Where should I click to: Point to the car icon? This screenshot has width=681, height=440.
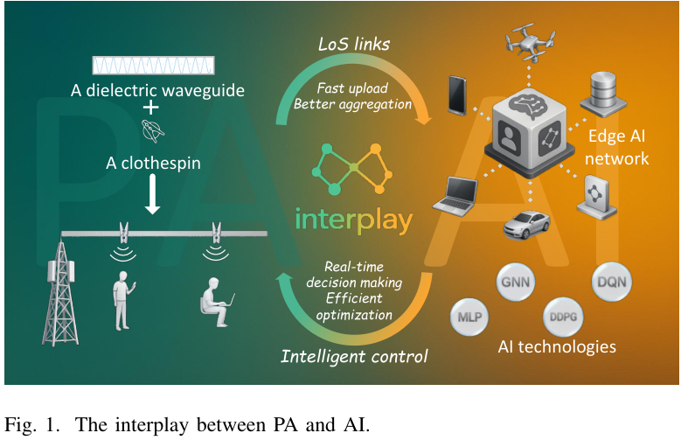525,224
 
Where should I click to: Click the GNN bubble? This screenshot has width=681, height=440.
515,283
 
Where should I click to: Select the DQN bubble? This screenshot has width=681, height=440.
614,283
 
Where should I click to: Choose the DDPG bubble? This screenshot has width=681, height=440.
563,314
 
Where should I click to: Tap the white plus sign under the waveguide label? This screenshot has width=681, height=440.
150,108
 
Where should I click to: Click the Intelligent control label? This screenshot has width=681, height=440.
354,356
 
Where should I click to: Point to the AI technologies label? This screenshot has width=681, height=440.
556,346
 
